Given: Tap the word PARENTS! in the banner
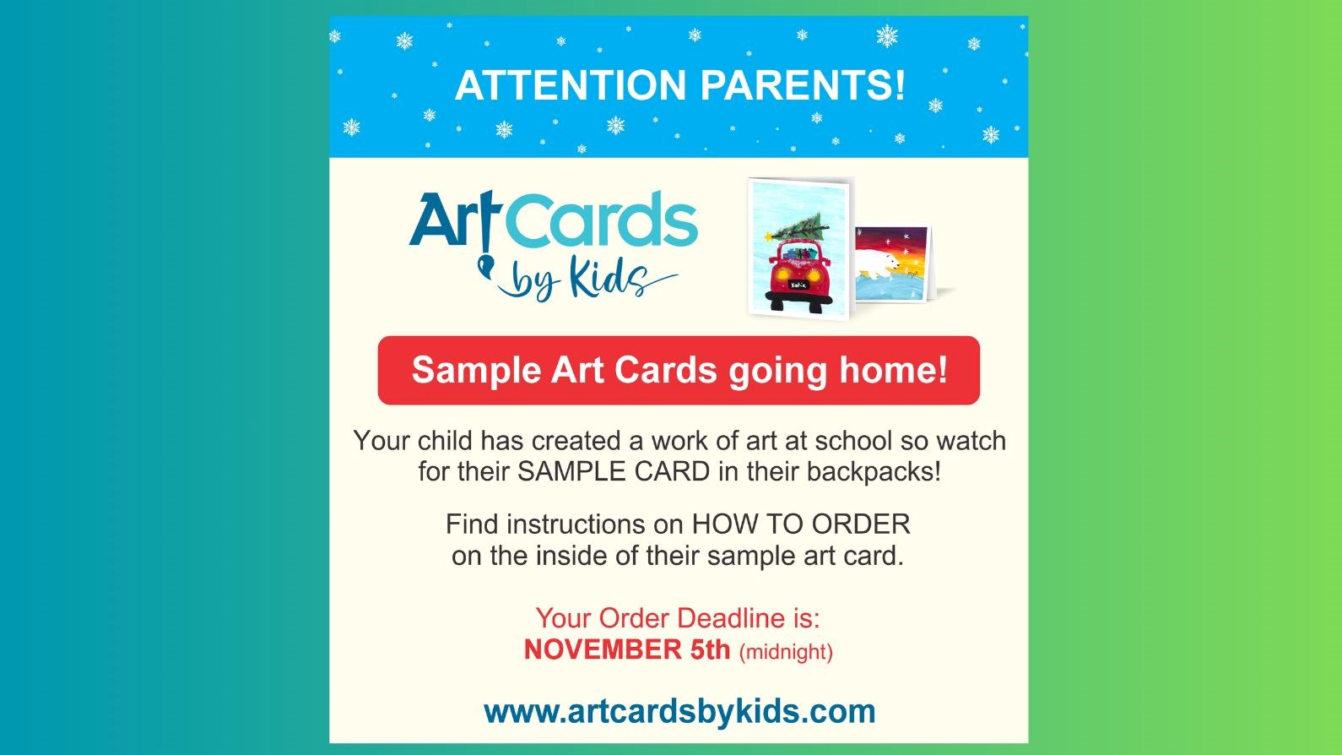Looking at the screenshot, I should click(803, 86).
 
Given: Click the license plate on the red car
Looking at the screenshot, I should click(798, 285).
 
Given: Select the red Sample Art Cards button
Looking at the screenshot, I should click(679, 371).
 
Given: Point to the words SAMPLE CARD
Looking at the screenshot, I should click(614, 471).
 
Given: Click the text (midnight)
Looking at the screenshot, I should click(786, 652).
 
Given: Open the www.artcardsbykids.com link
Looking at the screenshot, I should click(679, 711).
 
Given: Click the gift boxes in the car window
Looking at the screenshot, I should click(798, 251).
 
